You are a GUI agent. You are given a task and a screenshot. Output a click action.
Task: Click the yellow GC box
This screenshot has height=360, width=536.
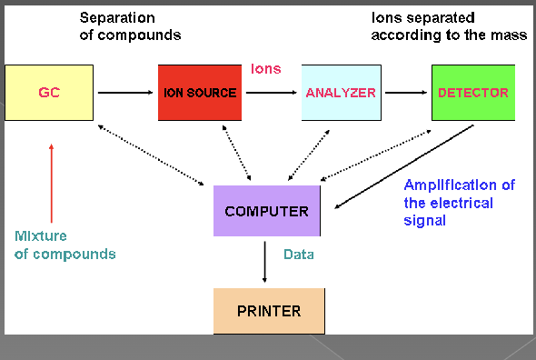[49, 93]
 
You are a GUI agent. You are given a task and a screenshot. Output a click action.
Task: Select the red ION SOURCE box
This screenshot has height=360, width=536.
[199, 93]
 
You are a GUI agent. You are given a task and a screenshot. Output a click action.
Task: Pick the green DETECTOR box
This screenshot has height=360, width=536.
[472, 93]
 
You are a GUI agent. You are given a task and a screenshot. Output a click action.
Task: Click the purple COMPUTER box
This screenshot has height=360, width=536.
[266, 211]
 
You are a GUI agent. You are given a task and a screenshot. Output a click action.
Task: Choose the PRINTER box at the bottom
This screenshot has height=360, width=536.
[268, 310]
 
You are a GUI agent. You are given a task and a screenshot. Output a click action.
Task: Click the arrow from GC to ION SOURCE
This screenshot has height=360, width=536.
[124, 93]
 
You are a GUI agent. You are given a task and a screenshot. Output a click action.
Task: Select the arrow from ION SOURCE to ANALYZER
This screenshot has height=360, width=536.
[270, 93]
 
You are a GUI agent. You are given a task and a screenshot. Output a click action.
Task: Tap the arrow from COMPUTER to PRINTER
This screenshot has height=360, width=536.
[265, 262]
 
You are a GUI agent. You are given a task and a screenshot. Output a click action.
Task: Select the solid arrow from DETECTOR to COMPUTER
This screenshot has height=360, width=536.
[404, 166]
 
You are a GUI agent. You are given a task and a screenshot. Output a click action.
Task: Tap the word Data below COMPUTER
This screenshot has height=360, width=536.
[298, 255]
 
